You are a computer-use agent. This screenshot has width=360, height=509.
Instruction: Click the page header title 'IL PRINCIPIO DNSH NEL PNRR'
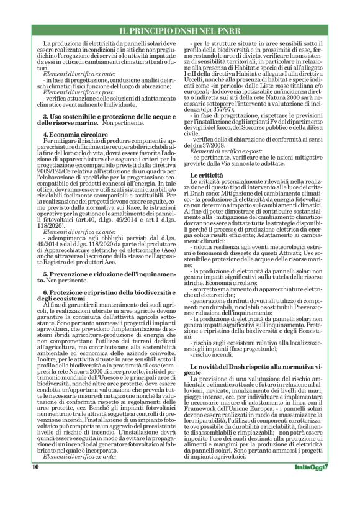click(179, 30)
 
